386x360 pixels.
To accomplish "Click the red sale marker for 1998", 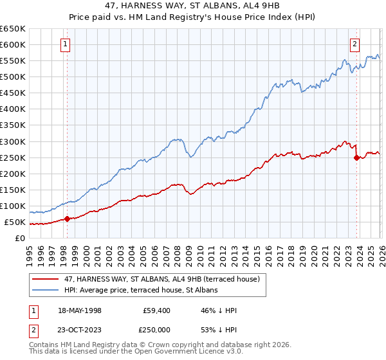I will (x=67, y=219).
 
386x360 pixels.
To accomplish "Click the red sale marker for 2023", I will (x=356, y=157).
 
